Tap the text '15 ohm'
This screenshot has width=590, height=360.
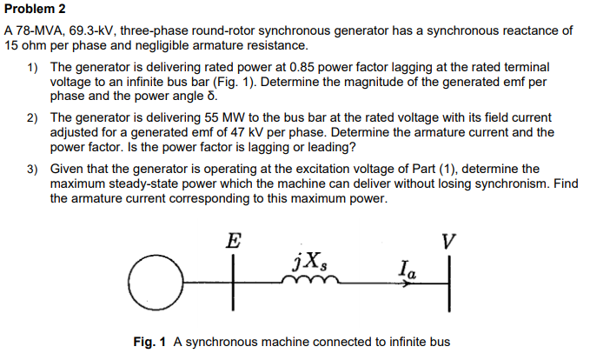pos(26,44)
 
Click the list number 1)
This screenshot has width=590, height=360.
pos(32,66)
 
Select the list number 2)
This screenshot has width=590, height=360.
pos(32,117)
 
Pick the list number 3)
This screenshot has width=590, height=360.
pos(32,169)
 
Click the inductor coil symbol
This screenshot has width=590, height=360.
pos(309,280)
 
